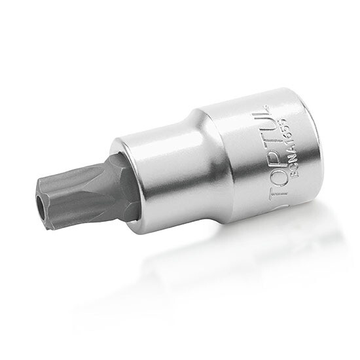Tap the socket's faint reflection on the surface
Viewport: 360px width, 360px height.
click(216, 262)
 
